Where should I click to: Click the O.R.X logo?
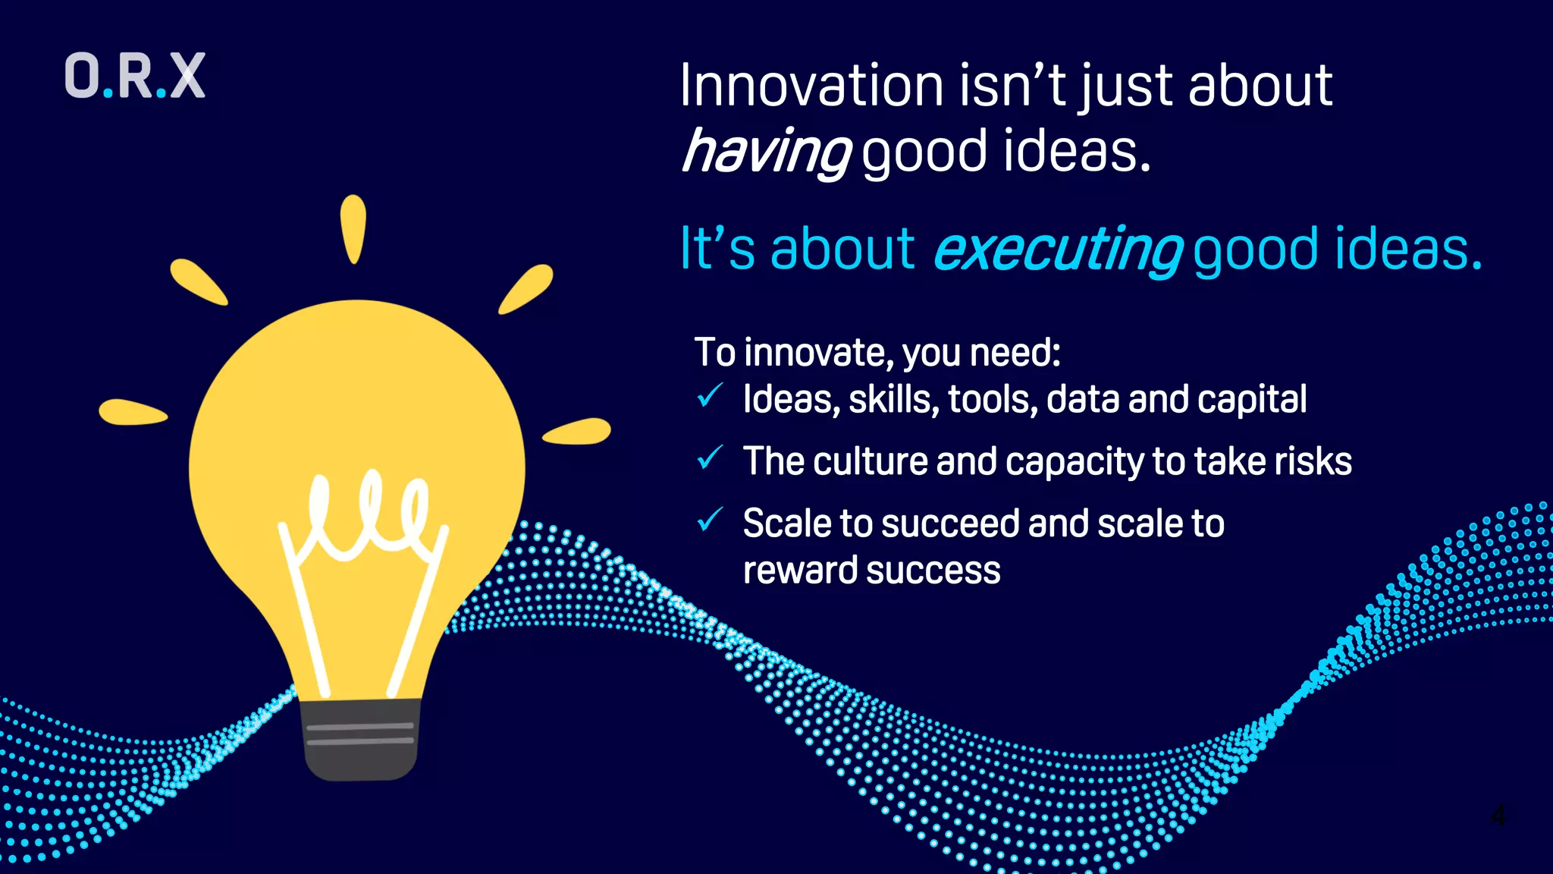click(x=135, y=76)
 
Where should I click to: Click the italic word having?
click(x=766, y=152)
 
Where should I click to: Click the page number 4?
click(x=1498, y=816)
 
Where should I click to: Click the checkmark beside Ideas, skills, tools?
click(x=710, y=395)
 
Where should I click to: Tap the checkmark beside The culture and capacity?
click(x=710, y=457)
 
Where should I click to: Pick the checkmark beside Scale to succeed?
click(x=710, y=520)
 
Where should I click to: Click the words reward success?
click(x=871, y=571)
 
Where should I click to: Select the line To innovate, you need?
click(x=877, y=353)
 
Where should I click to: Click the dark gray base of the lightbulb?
click(x=360, y=740)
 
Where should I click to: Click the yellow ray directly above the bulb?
click(x=353, y=228)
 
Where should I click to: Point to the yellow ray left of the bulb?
click(x=133, y=413)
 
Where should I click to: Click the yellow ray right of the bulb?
click(x=577, y=432)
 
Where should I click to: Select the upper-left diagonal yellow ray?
click(x=198, y=282)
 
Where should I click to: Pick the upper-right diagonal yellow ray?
click(x=526, y=289)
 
